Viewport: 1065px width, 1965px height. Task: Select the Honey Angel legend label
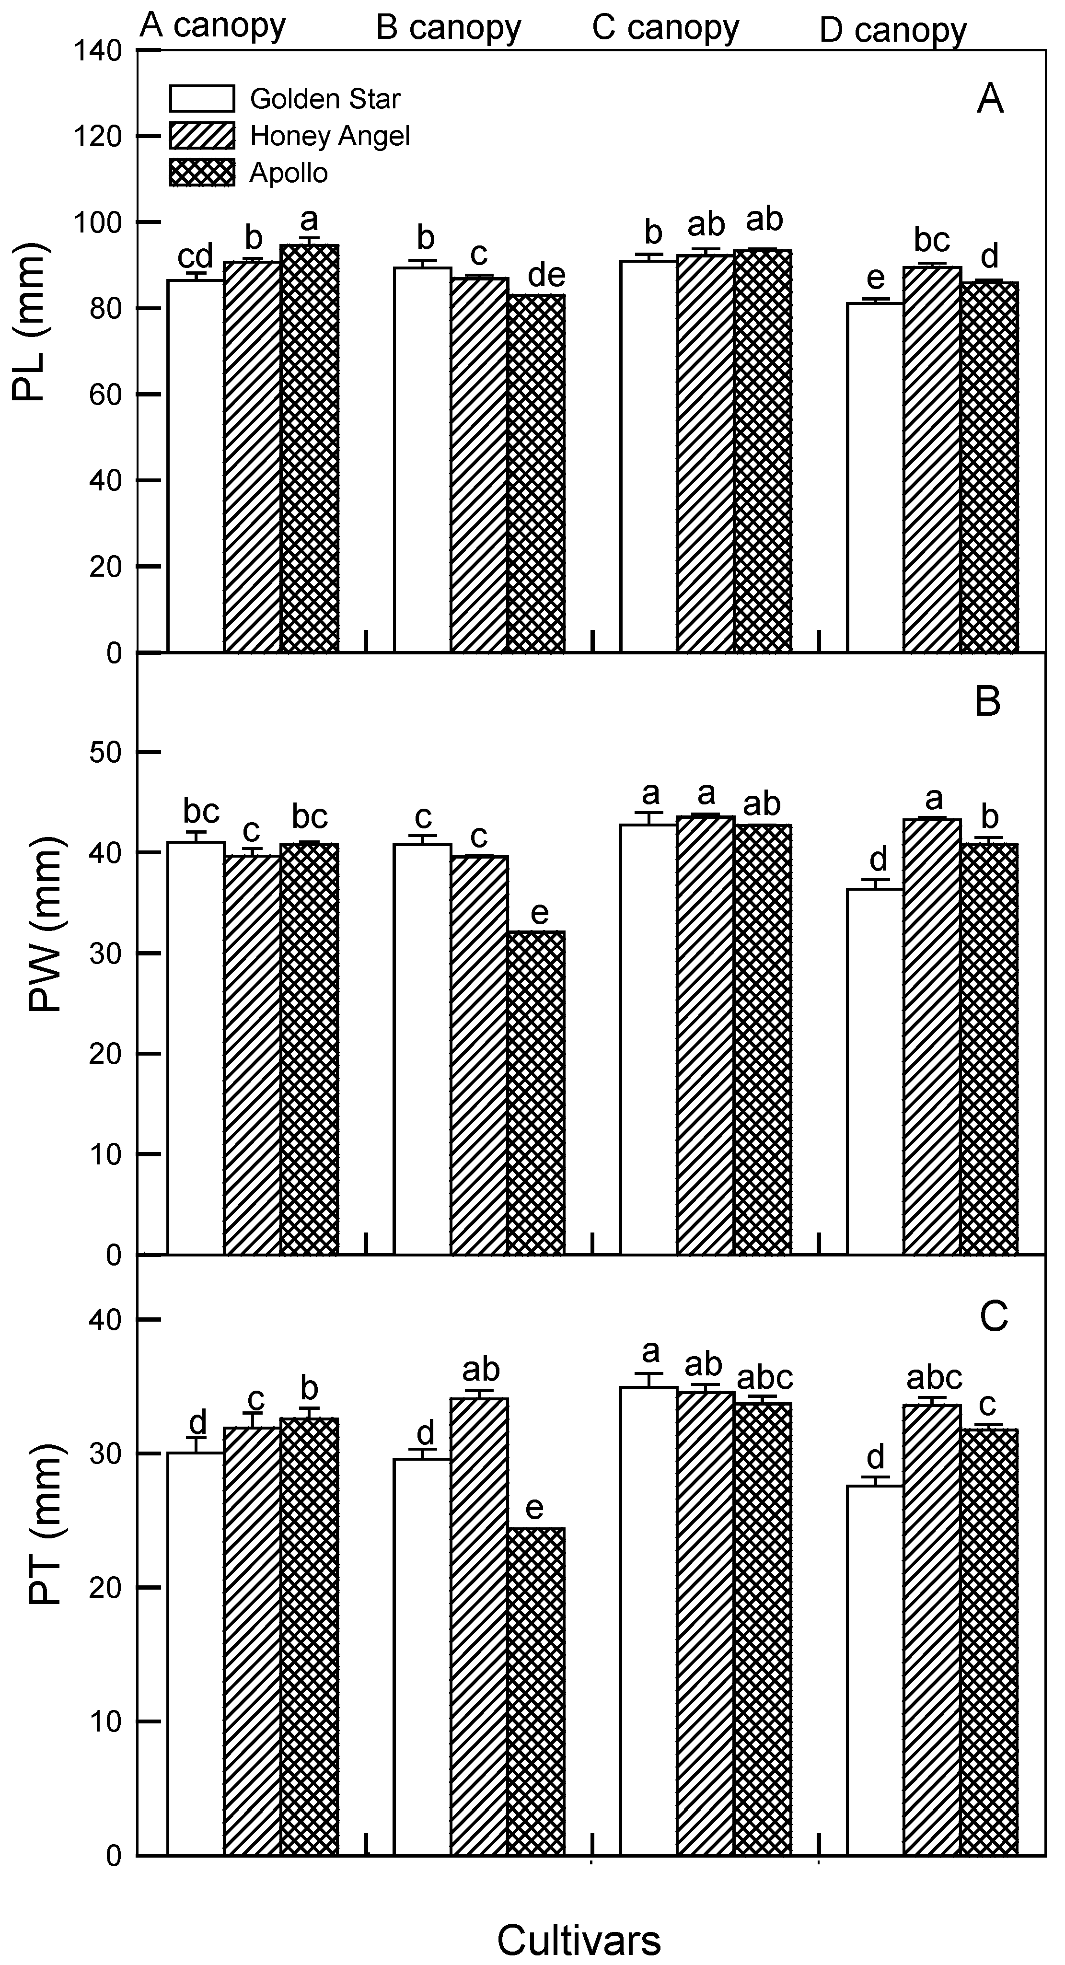(x=330, y=136)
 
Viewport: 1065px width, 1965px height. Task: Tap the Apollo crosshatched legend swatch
(x=201, y=173)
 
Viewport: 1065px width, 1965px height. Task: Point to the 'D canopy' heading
(x=892, y=31)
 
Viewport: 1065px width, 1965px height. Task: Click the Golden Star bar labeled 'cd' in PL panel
(x=195, y=465)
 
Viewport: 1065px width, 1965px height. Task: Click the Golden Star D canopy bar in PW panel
(x=875, y=1072)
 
